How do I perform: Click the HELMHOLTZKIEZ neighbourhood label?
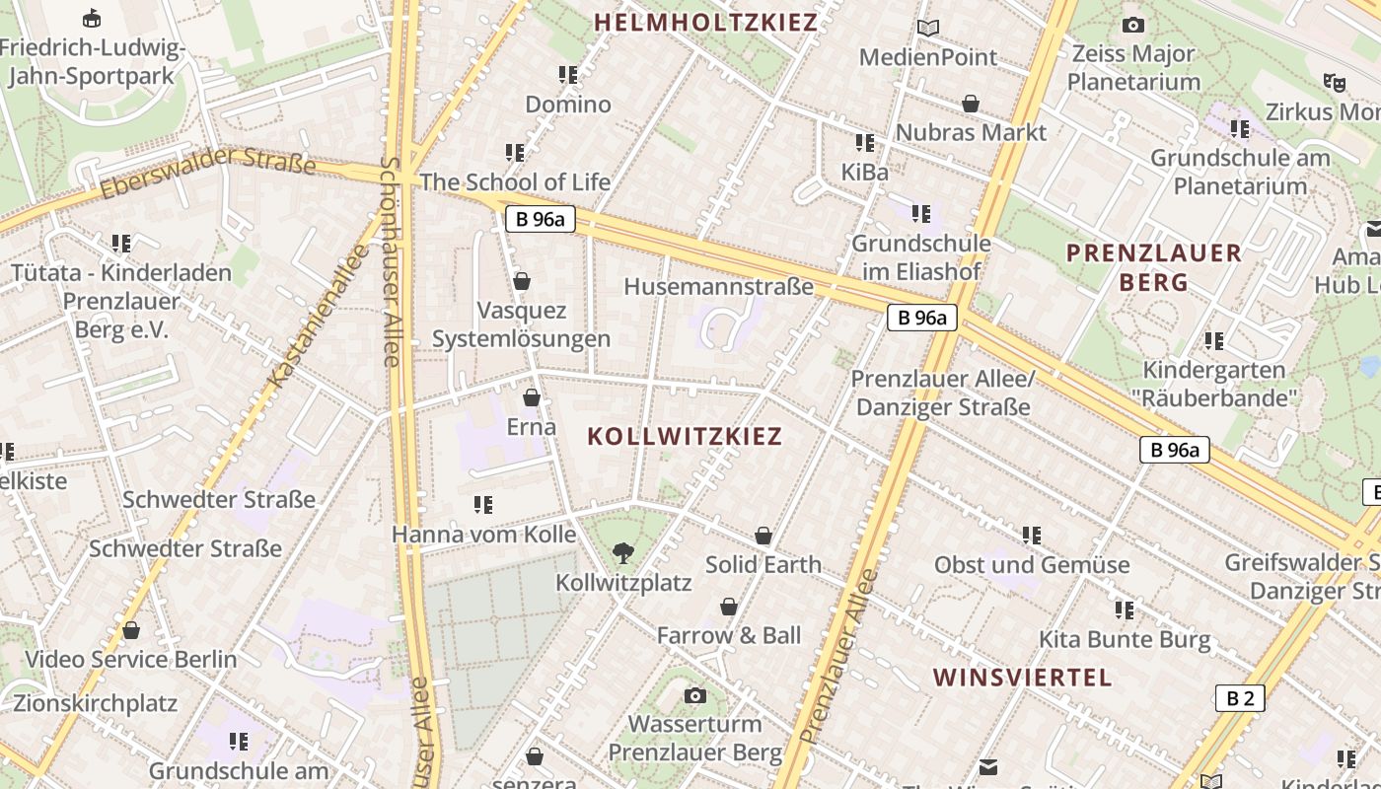[706, 22]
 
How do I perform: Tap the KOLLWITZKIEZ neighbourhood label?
[685, 436]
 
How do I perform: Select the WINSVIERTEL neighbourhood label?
[1022, 678]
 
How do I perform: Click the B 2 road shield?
[1239, 699]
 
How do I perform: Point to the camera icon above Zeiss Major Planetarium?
[1133, 25]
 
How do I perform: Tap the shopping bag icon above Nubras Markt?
[971, 104]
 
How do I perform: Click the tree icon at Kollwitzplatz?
[622, 552]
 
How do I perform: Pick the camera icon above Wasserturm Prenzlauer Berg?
[695, 695]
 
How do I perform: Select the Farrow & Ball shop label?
[729, 635]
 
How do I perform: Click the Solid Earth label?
[763, 564]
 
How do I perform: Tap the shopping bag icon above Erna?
[532, 397]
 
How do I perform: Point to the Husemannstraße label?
[719, 286]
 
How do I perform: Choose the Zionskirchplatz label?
[95, 703]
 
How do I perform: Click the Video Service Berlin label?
[130, 659]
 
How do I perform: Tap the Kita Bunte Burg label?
[1125, 639]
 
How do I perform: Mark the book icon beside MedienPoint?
[928, 28]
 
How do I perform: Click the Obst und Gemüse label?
[1032, 565]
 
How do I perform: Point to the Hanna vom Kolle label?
[483, 535]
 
